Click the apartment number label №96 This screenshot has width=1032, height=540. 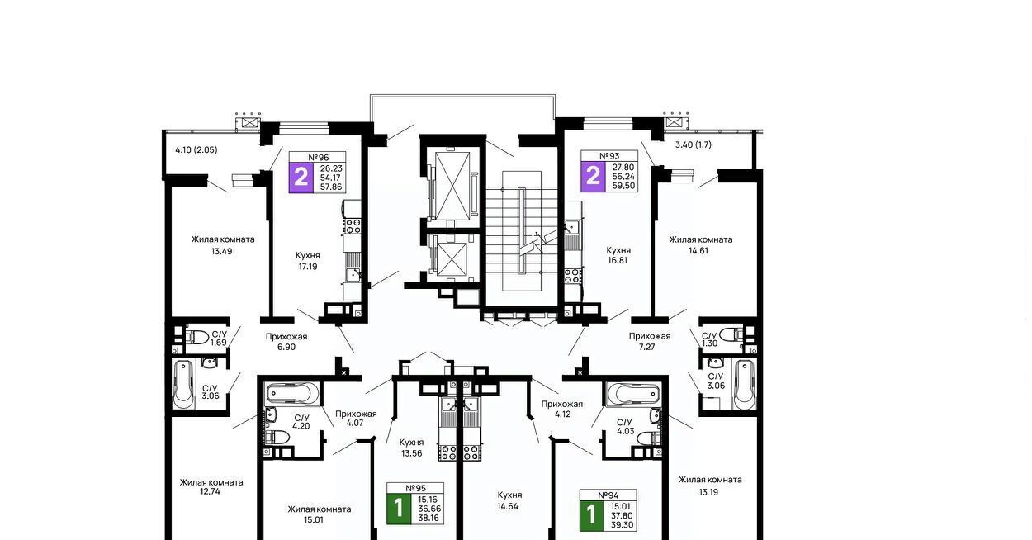319,157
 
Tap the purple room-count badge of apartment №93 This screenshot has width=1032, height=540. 593,176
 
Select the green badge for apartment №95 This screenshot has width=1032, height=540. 399,509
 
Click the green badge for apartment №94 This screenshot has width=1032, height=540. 592,515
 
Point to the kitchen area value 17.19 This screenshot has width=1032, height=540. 307,267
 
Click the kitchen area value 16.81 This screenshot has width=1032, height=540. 618,260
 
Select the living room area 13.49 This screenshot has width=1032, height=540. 221,251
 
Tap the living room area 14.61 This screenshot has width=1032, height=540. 698,251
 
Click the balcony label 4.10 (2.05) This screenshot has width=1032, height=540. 196,149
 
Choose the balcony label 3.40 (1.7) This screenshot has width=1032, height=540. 694,144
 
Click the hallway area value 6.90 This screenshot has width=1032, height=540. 286,347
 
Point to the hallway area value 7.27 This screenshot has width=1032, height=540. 646,347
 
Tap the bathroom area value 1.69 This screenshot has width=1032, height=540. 219,343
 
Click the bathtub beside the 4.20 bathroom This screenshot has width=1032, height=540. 292,395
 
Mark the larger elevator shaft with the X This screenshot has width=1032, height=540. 452,186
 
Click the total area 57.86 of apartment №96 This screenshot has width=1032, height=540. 331,187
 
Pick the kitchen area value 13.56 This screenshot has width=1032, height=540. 411,453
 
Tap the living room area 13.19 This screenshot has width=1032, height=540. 708,492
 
